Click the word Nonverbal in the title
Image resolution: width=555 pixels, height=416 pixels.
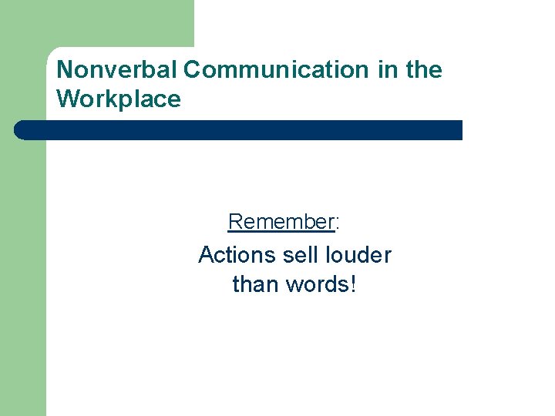point(117,70)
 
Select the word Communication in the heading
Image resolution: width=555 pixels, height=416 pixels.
point(277,70)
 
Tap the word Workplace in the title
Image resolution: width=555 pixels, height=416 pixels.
point(119,99)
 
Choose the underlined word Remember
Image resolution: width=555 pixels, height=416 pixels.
point(280,222)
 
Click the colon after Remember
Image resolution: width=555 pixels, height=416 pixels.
point(338,223)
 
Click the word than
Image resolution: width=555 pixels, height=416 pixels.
point(255,284)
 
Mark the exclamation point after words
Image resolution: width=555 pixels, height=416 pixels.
point(353,284)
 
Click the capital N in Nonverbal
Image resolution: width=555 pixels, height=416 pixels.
point(65,70)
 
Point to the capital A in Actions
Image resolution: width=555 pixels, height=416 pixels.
point(206,255)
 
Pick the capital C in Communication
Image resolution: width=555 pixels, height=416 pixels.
point(193,70)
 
